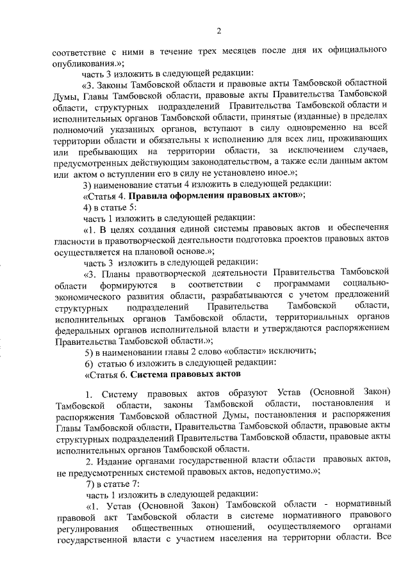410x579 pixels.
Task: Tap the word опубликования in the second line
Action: [x=81, y=62]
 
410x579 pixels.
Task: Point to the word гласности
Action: [x=76, y=240]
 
